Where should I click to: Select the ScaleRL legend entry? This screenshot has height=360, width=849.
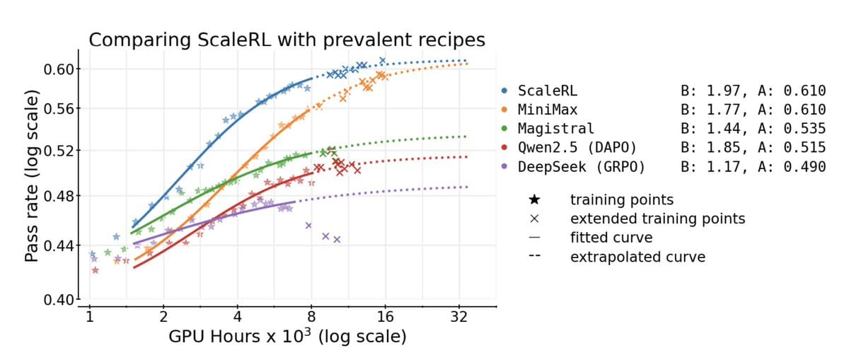[x=547, y=91]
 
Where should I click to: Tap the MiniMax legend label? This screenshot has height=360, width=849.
[x=547, y=110]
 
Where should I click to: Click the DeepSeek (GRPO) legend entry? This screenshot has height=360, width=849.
[x=581, y=167]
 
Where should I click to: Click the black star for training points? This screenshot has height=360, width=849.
[x=535, y=200]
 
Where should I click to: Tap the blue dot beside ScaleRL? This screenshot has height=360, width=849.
[x=504, y=91]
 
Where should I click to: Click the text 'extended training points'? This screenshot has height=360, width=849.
[x=657, y=219]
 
